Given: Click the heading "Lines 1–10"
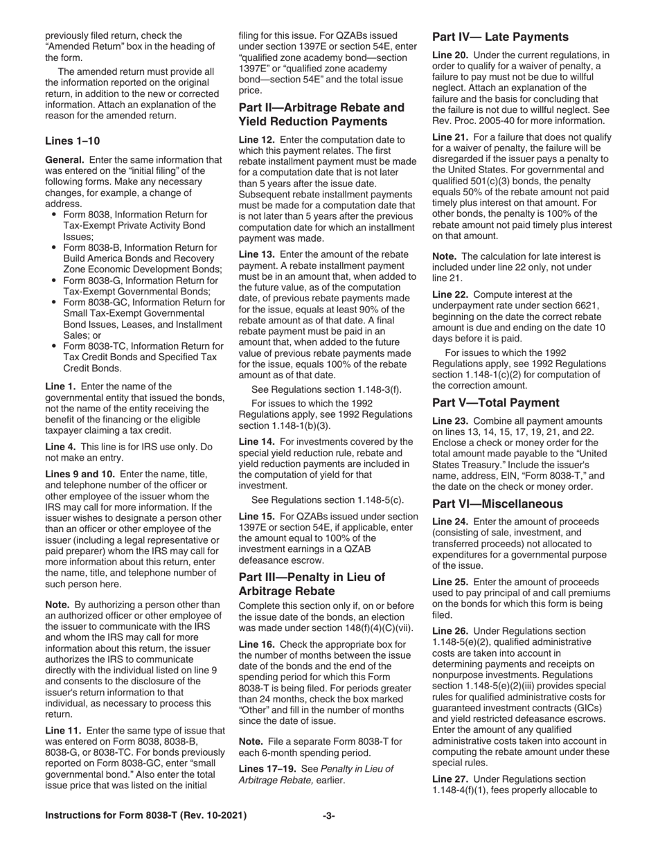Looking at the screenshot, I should click(72, 141).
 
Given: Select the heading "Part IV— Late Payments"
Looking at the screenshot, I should click(500, 37).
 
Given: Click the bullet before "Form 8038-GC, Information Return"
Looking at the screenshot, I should click(54, 302).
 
